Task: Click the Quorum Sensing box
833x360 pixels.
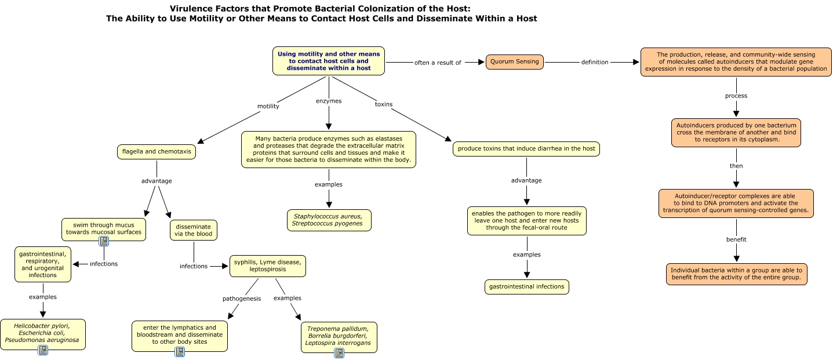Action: (514, 61)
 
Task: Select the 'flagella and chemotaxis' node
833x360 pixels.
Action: (156, 152)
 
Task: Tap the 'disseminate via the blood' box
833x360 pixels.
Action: (194, 230)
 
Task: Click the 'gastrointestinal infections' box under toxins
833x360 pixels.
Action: (526, 287)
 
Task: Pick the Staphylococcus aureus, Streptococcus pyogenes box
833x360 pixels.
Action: (329, 220)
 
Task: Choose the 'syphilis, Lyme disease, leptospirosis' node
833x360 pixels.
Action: (267, 266)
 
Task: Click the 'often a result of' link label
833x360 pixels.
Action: (438, 63)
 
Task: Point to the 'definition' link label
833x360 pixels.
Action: (595, 62)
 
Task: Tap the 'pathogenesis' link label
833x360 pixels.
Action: (242, 299)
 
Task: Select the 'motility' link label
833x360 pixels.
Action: (268, 106)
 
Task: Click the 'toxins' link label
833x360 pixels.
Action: (383, 104)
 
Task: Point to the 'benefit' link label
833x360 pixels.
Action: (736, 239)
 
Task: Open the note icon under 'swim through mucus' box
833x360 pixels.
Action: (104, 241)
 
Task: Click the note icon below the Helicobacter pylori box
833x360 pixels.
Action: (43, 350)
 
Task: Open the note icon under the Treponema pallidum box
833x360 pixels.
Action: (339, 353)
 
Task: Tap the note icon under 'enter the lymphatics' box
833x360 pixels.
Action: (180, 352)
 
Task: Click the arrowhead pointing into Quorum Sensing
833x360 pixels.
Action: (480, 62)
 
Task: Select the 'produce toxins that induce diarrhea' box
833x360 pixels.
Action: (526, 149)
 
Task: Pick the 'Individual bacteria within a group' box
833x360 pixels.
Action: (736, 274)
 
